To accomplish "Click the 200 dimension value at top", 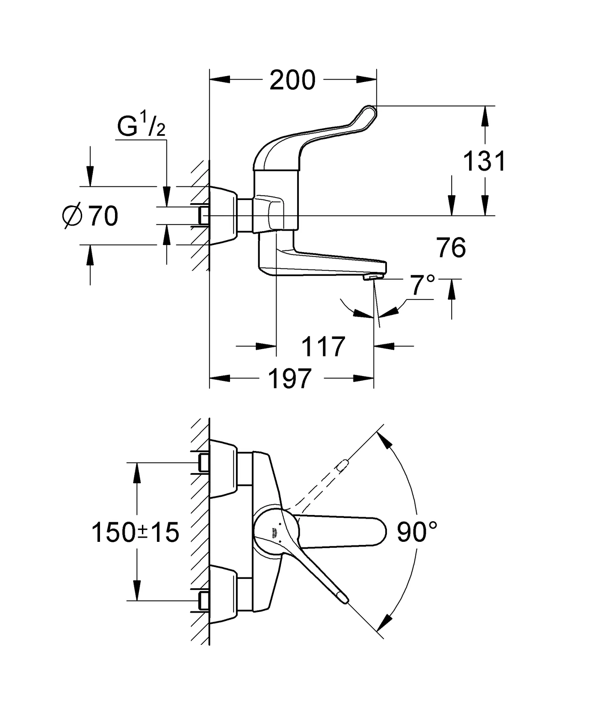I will (x=293, y=80).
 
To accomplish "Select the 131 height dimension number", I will (x=484, y=161).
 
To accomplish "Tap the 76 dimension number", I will (x=451, y=248).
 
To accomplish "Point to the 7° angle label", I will (x=422, y=285).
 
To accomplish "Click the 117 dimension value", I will (x=323, y=347).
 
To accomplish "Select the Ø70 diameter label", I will (x=91, y=216).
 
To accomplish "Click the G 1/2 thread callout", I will (x=141, y=126).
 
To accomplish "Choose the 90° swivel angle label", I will (x=417, y=532).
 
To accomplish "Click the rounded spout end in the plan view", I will (x=381, y=532).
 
